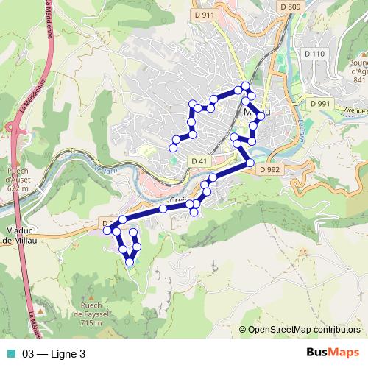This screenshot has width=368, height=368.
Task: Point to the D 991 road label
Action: [x=320, y=105]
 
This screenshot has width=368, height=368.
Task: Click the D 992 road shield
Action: [x=270, y=169]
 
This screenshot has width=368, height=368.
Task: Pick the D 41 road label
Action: [x=198, y=160]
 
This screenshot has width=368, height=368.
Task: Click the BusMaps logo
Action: [x=332, y=353]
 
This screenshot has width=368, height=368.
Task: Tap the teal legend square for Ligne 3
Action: [x=9, y=354]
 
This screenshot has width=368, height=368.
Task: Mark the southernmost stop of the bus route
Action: [x=130, y=261]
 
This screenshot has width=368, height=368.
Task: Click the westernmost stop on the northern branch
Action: [x=174, y=148]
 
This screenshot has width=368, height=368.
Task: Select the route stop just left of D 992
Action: [x=250, y=162]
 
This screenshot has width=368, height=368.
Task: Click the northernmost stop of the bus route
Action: [x=246, y=87]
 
